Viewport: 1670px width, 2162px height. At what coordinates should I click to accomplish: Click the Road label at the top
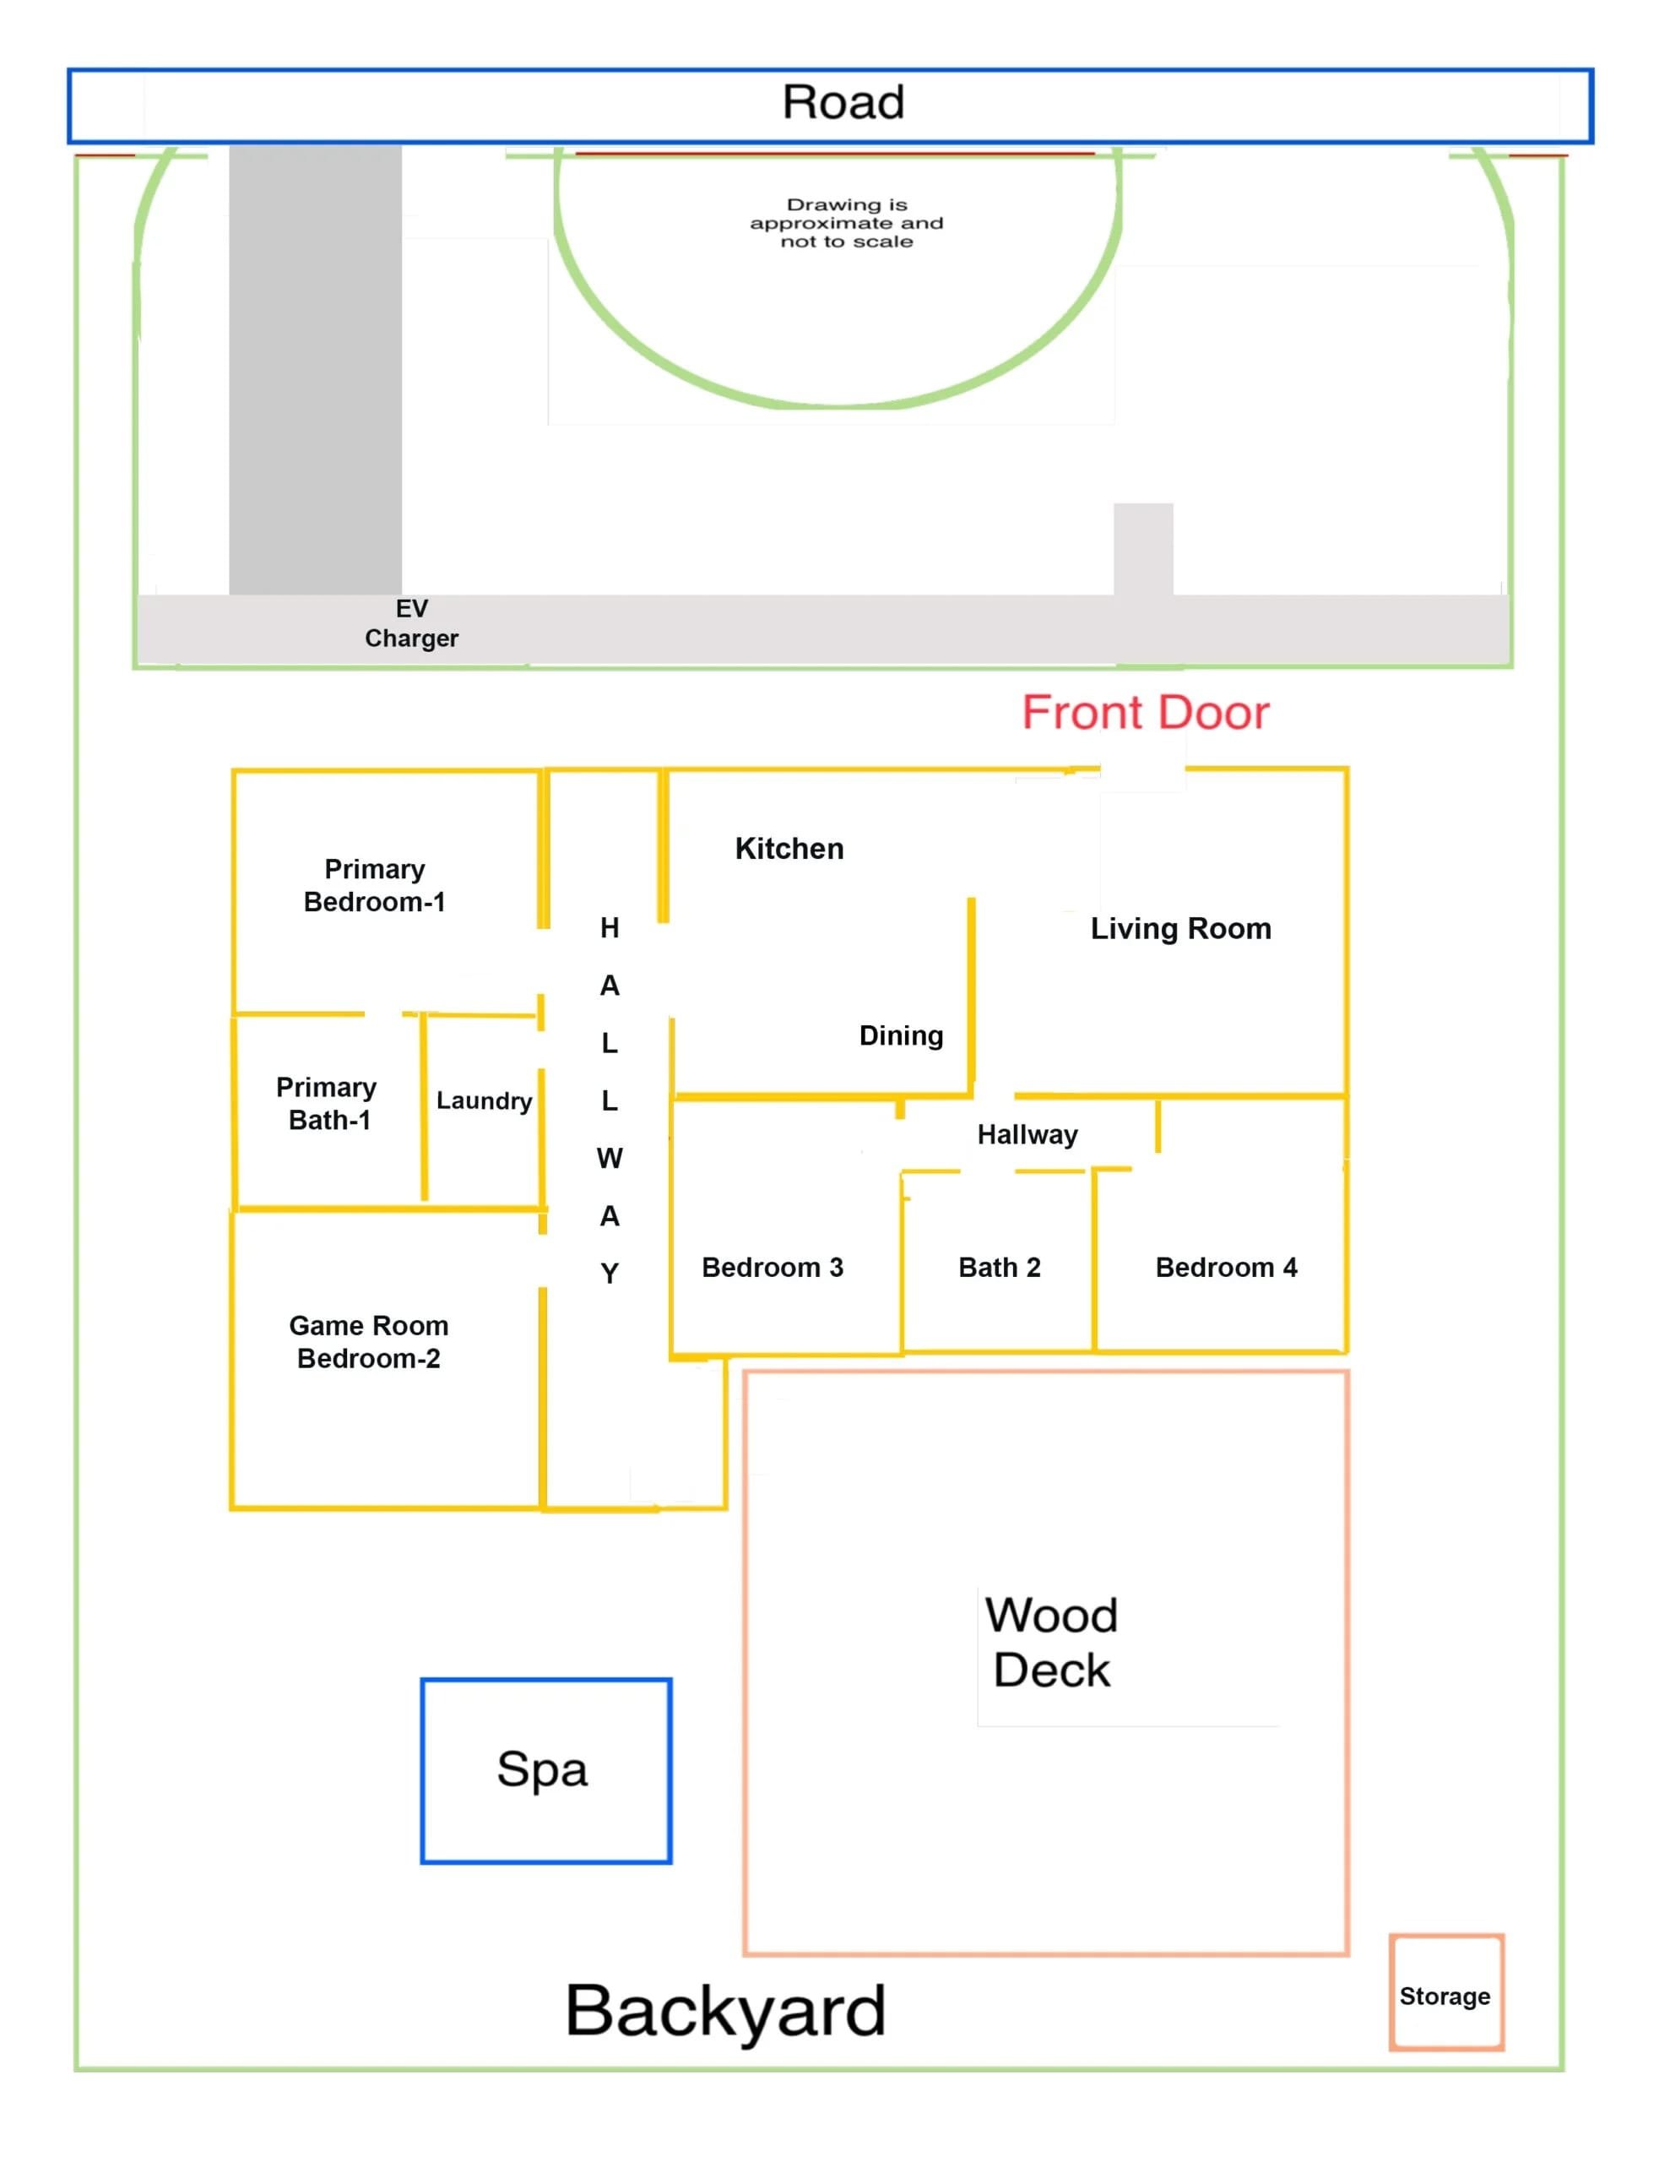click(843, 102)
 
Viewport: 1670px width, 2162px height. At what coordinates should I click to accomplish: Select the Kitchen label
click(789, 849)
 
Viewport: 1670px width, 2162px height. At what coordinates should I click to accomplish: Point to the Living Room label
click(1180, 928)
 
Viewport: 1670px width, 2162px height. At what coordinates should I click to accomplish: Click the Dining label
click(901, 1035)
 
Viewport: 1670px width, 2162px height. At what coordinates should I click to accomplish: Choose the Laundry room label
click(484, 1100)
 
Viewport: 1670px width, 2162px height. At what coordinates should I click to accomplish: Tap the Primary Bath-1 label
click(327, 1104)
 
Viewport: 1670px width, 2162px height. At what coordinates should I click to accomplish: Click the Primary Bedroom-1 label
click(374, 885)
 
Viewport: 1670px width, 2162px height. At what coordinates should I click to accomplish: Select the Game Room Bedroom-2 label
click(368, 1341)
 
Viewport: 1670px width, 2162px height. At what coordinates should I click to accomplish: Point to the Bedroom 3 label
click(773, 1267)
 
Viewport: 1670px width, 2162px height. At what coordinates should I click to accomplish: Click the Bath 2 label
click(999, 1267)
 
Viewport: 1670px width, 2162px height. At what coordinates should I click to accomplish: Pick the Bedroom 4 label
click(1226, 1267)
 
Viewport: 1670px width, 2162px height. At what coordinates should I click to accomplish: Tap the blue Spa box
click(545, 1770)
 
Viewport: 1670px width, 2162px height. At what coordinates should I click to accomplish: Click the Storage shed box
click(1445, 1996)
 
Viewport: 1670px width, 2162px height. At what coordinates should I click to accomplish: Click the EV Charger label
click(412, 622)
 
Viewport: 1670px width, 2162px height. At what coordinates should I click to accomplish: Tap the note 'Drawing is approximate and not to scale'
click(846, 223)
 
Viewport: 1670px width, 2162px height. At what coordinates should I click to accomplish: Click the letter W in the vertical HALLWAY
click(610, 1158)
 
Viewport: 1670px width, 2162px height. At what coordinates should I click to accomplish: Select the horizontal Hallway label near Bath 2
click(1027, 1134)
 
